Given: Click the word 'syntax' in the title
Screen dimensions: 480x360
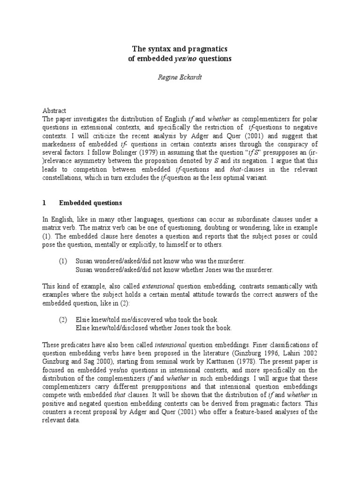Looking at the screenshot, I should [x=157, y=50].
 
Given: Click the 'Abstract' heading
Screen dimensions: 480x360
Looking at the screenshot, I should [x=55, y=110].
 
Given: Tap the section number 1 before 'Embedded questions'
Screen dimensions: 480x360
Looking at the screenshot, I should [x=44, y=203].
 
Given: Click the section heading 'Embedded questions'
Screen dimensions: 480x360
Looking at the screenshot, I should [x=90, y=203].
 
